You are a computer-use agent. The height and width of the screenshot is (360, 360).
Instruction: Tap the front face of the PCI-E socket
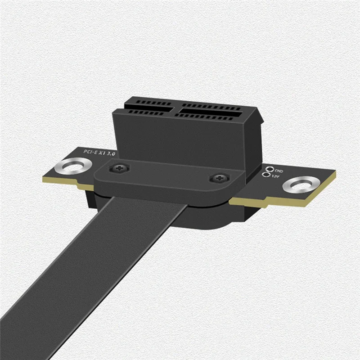coord(180,139)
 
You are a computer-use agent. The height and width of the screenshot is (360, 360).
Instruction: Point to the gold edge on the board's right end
coord(288,200)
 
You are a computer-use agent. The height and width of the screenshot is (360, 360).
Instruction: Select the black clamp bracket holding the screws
coord(171,178)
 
